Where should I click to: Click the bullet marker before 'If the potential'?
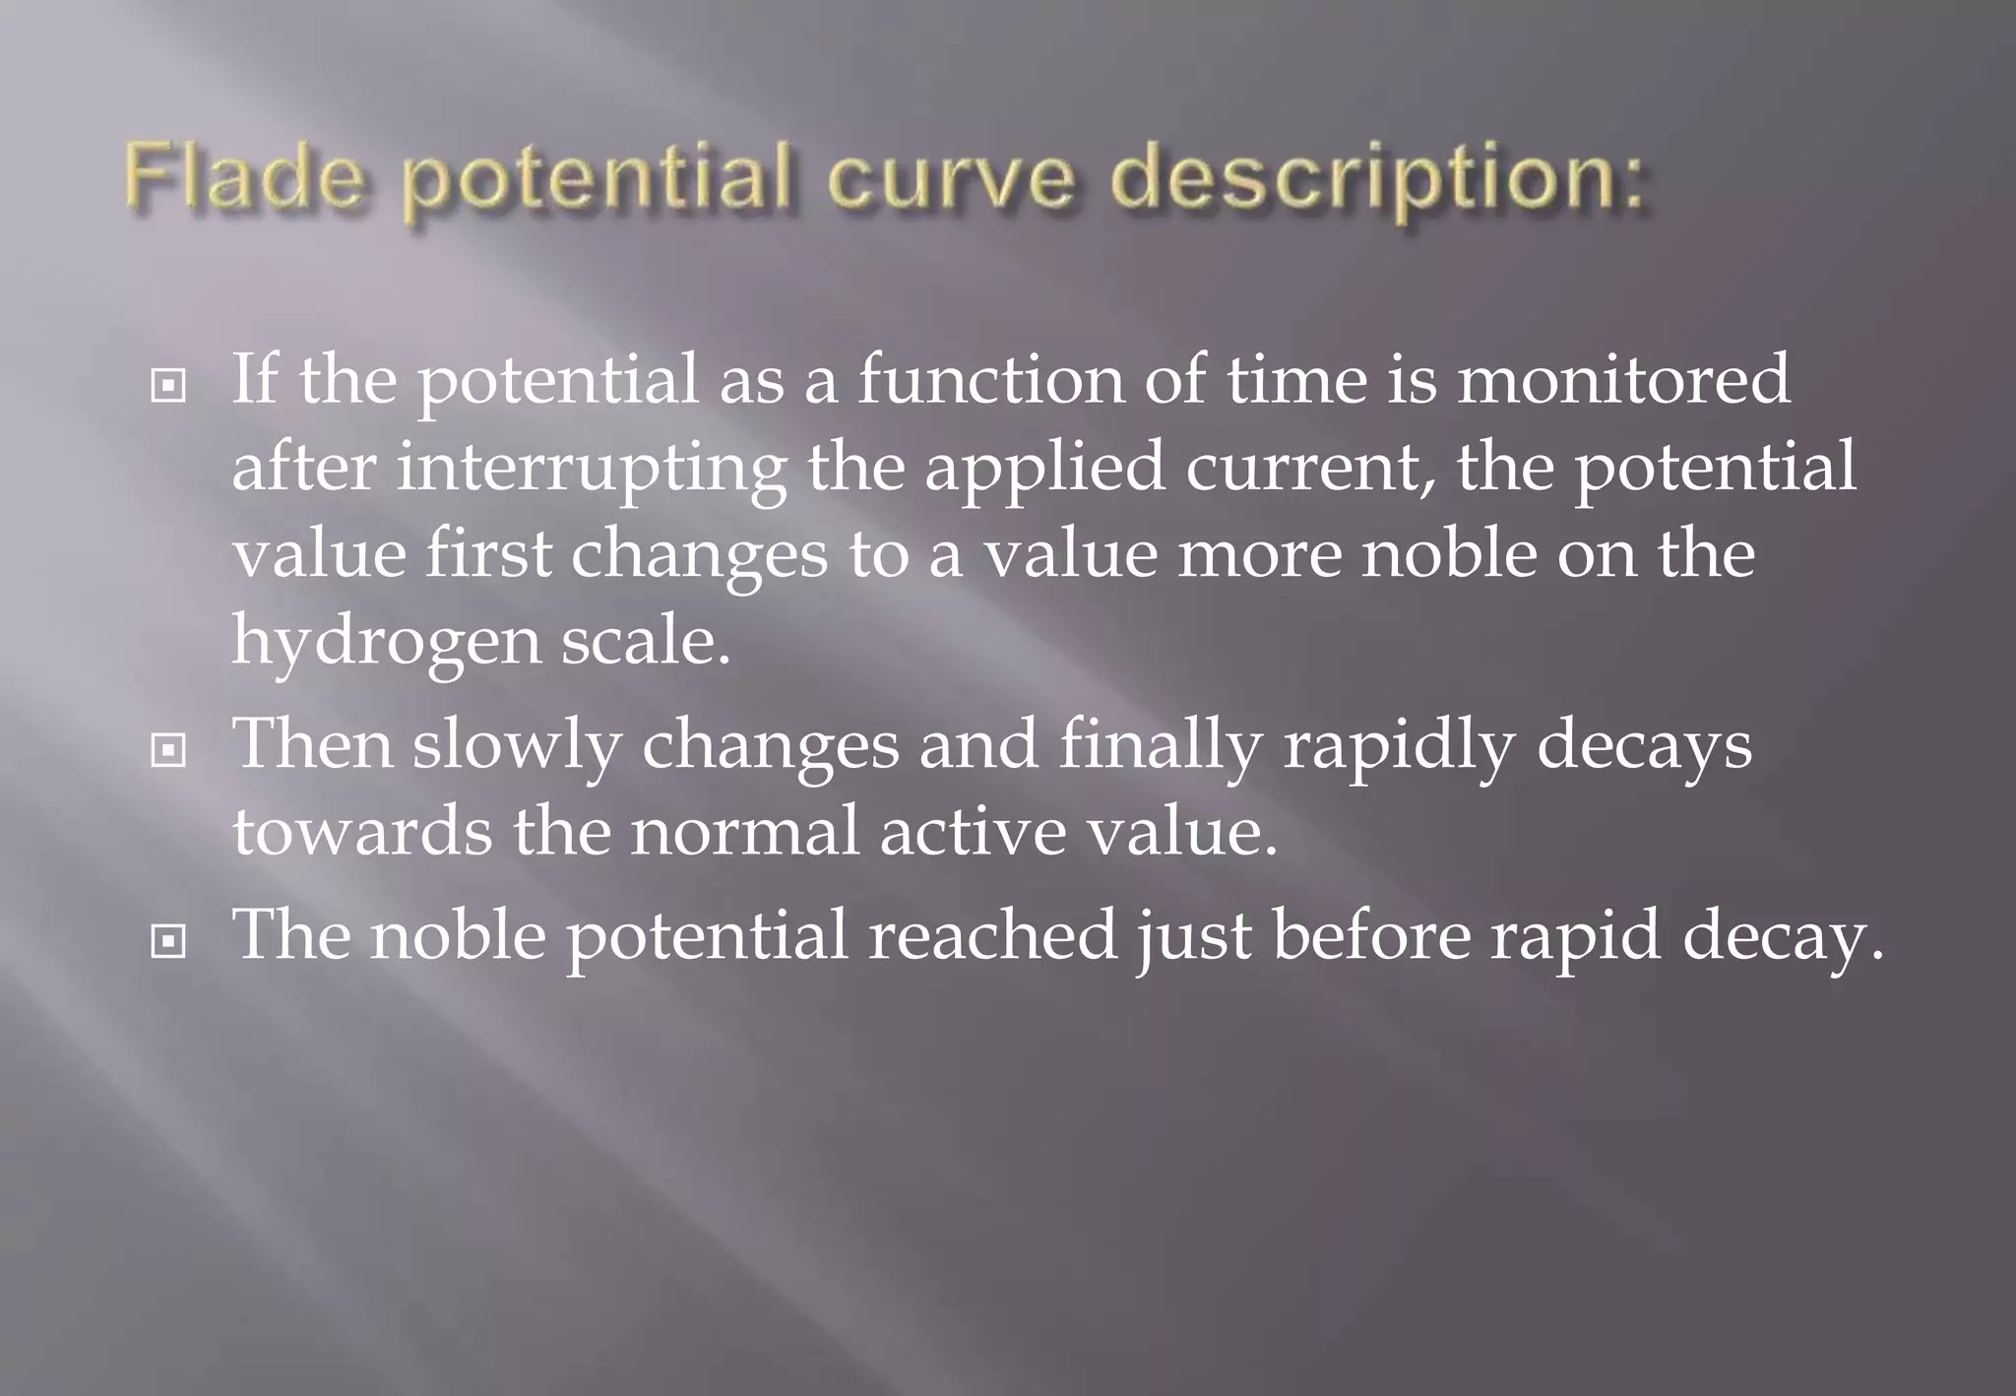click(168, 385)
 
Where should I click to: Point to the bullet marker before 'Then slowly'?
click(168, 751)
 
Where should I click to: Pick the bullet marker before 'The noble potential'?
click(168, 942)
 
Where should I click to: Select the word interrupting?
click(592, 469)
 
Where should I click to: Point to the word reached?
click(992, 934)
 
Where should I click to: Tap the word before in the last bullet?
click(1371, 934)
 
